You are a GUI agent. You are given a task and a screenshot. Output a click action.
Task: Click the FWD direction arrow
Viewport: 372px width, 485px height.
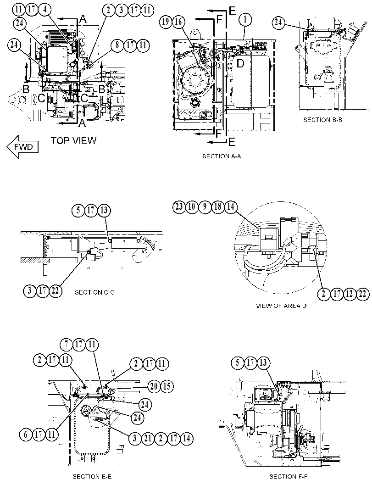click(x=22, y=147)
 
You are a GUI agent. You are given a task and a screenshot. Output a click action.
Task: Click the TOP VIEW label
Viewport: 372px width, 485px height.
click(x=73, y=140)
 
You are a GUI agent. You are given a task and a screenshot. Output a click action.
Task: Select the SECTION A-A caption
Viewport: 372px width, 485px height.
click(x=222, y=156)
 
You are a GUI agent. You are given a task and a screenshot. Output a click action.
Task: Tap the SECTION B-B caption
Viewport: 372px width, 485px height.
click(x=322, y=120)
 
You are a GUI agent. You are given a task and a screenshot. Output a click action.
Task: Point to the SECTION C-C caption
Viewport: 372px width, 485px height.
click(x=94, y=292)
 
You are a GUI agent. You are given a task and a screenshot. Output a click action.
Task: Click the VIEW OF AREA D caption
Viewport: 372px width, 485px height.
click(x=281, y=306)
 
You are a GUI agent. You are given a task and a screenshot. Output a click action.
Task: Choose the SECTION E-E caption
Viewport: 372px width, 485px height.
click(x=92, y=477)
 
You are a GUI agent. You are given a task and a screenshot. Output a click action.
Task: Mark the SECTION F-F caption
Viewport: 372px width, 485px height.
click(x=289, y=477)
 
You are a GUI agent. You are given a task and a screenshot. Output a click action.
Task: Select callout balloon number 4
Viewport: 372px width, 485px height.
click(x=45, y=9)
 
